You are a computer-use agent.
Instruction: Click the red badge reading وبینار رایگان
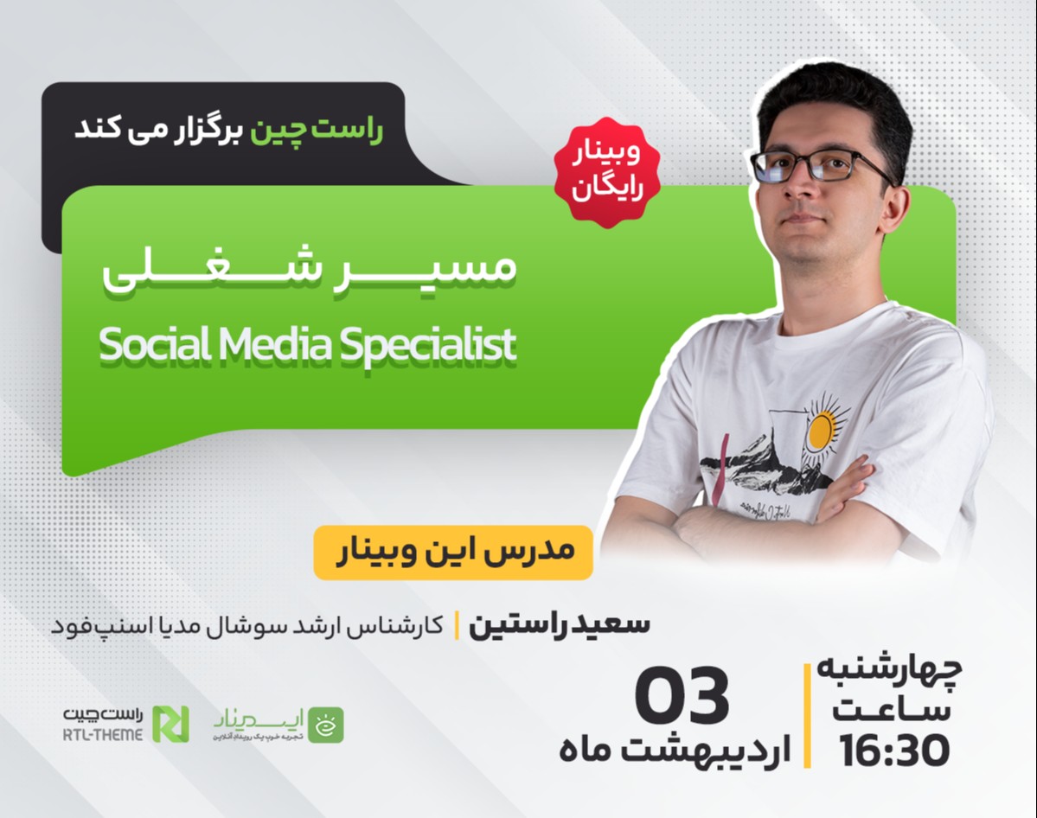click(606, 173)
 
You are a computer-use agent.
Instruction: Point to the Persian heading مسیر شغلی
click(309, 269)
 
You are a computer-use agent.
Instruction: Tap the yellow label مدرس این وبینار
click(452, 552)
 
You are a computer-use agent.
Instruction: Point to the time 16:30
click(894, 751)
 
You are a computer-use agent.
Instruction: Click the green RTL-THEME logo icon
click(170, 724)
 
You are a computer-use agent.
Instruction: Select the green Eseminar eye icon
click(326, 725)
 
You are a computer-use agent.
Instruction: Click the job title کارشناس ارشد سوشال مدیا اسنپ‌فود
click(250, 625)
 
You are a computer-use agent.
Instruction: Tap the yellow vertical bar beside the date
click(808, 715)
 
